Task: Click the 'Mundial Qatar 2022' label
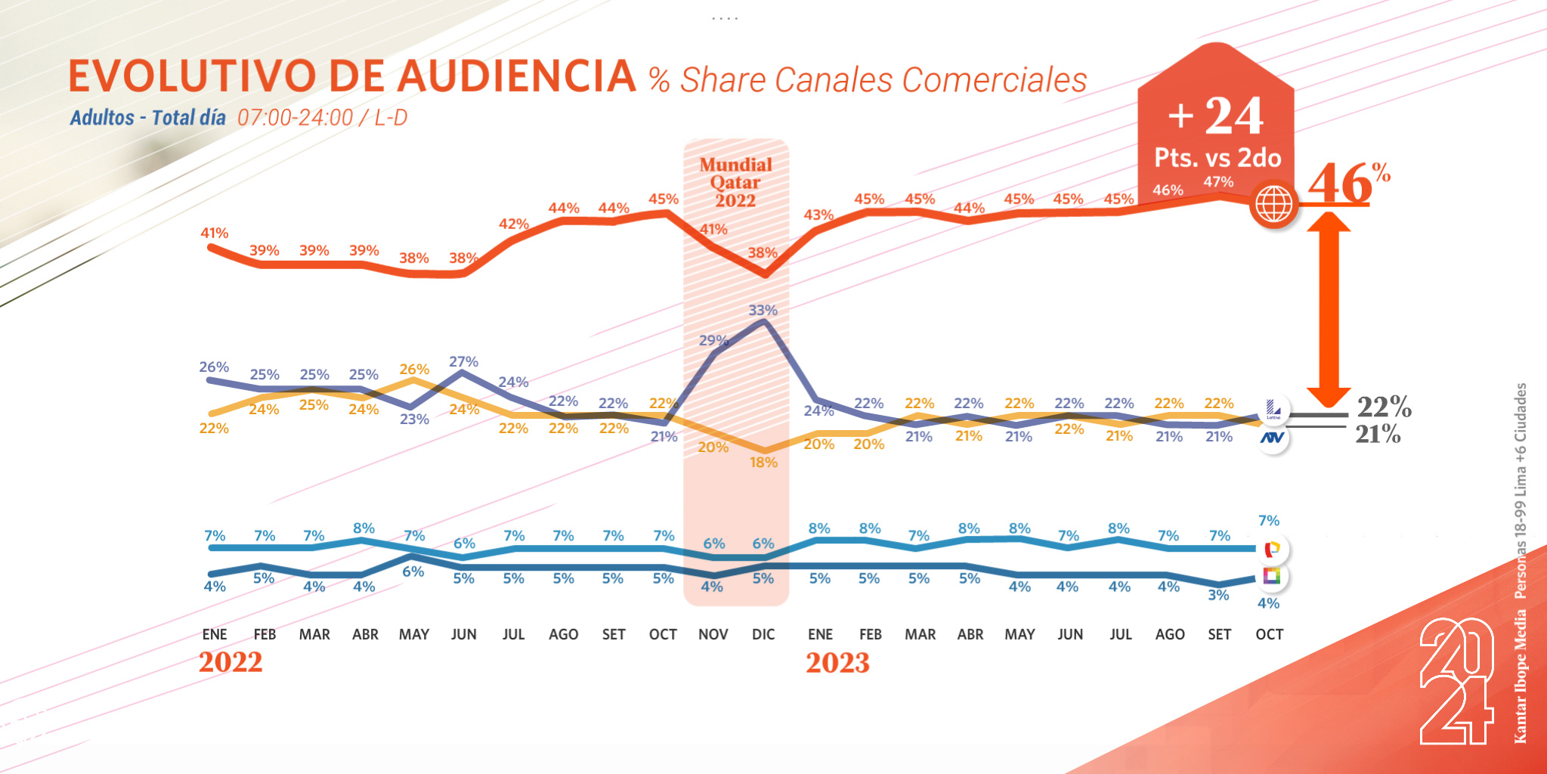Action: (735, 182)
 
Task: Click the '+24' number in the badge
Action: (1216, 116)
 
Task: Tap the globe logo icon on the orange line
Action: (1273, 204)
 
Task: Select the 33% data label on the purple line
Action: (763, 310)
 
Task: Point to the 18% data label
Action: (763, 462)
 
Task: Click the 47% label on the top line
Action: (1218, 181)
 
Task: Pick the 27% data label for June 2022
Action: (463, 362)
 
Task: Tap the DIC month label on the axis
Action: (763, 634)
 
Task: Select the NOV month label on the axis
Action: (713, 634)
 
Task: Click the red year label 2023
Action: (837, 663)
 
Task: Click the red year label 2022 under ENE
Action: (231, 662)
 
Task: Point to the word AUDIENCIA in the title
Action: (517, 76)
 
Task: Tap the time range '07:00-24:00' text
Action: (295, 118)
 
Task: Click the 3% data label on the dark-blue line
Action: (1218, 595)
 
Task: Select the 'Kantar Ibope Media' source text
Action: (1520, 676)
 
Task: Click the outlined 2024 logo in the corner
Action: (1456, 681)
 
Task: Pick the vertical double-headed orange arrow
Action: (1329, 310)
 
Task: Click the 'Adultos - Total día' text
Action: (148, 118)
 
